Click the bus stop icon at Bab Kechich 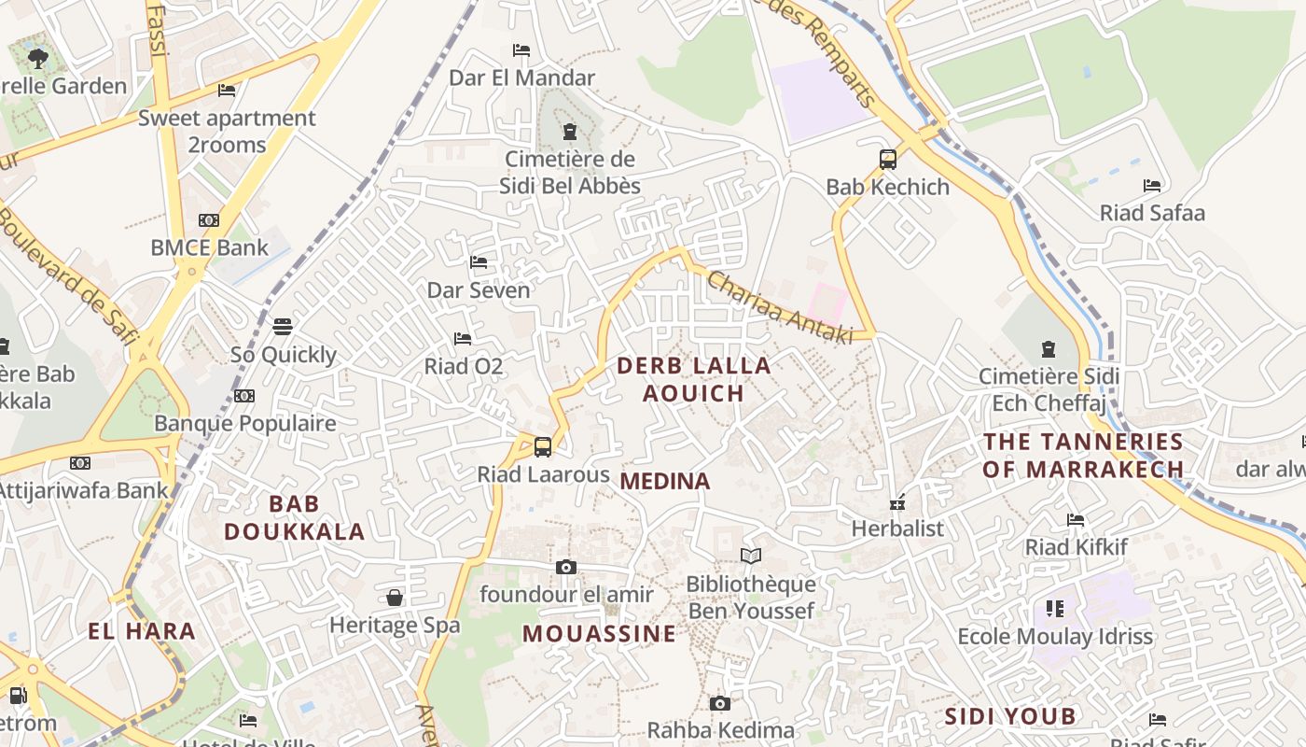(887, 160)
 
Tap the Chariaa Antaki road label (780, 307)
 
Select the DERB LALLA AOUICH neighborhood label (694, 379)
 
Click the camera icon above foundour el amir (565, 567)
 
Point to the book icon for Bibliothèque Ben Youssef (750, 557)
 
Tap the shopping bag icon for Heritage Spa (395, 598)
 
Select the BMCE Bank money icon (209, 220)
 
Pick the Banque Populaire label (244, 423)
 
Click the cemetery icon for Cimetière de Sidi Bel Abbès (570, 132)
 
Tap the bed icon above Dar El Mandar (521, 50)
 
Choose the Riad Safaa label (1152, 213)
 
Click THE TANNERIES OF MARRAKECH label (1083, 455)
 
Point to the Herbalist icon (897, 503)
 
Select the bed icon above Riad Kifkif (1076, 520)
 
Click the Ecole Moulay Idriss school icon (1055, 609)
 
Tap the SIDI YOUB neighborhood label (1010, 716)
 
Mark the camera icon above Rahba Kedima (719, 703)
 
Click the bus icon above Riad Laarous (543, 446)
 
